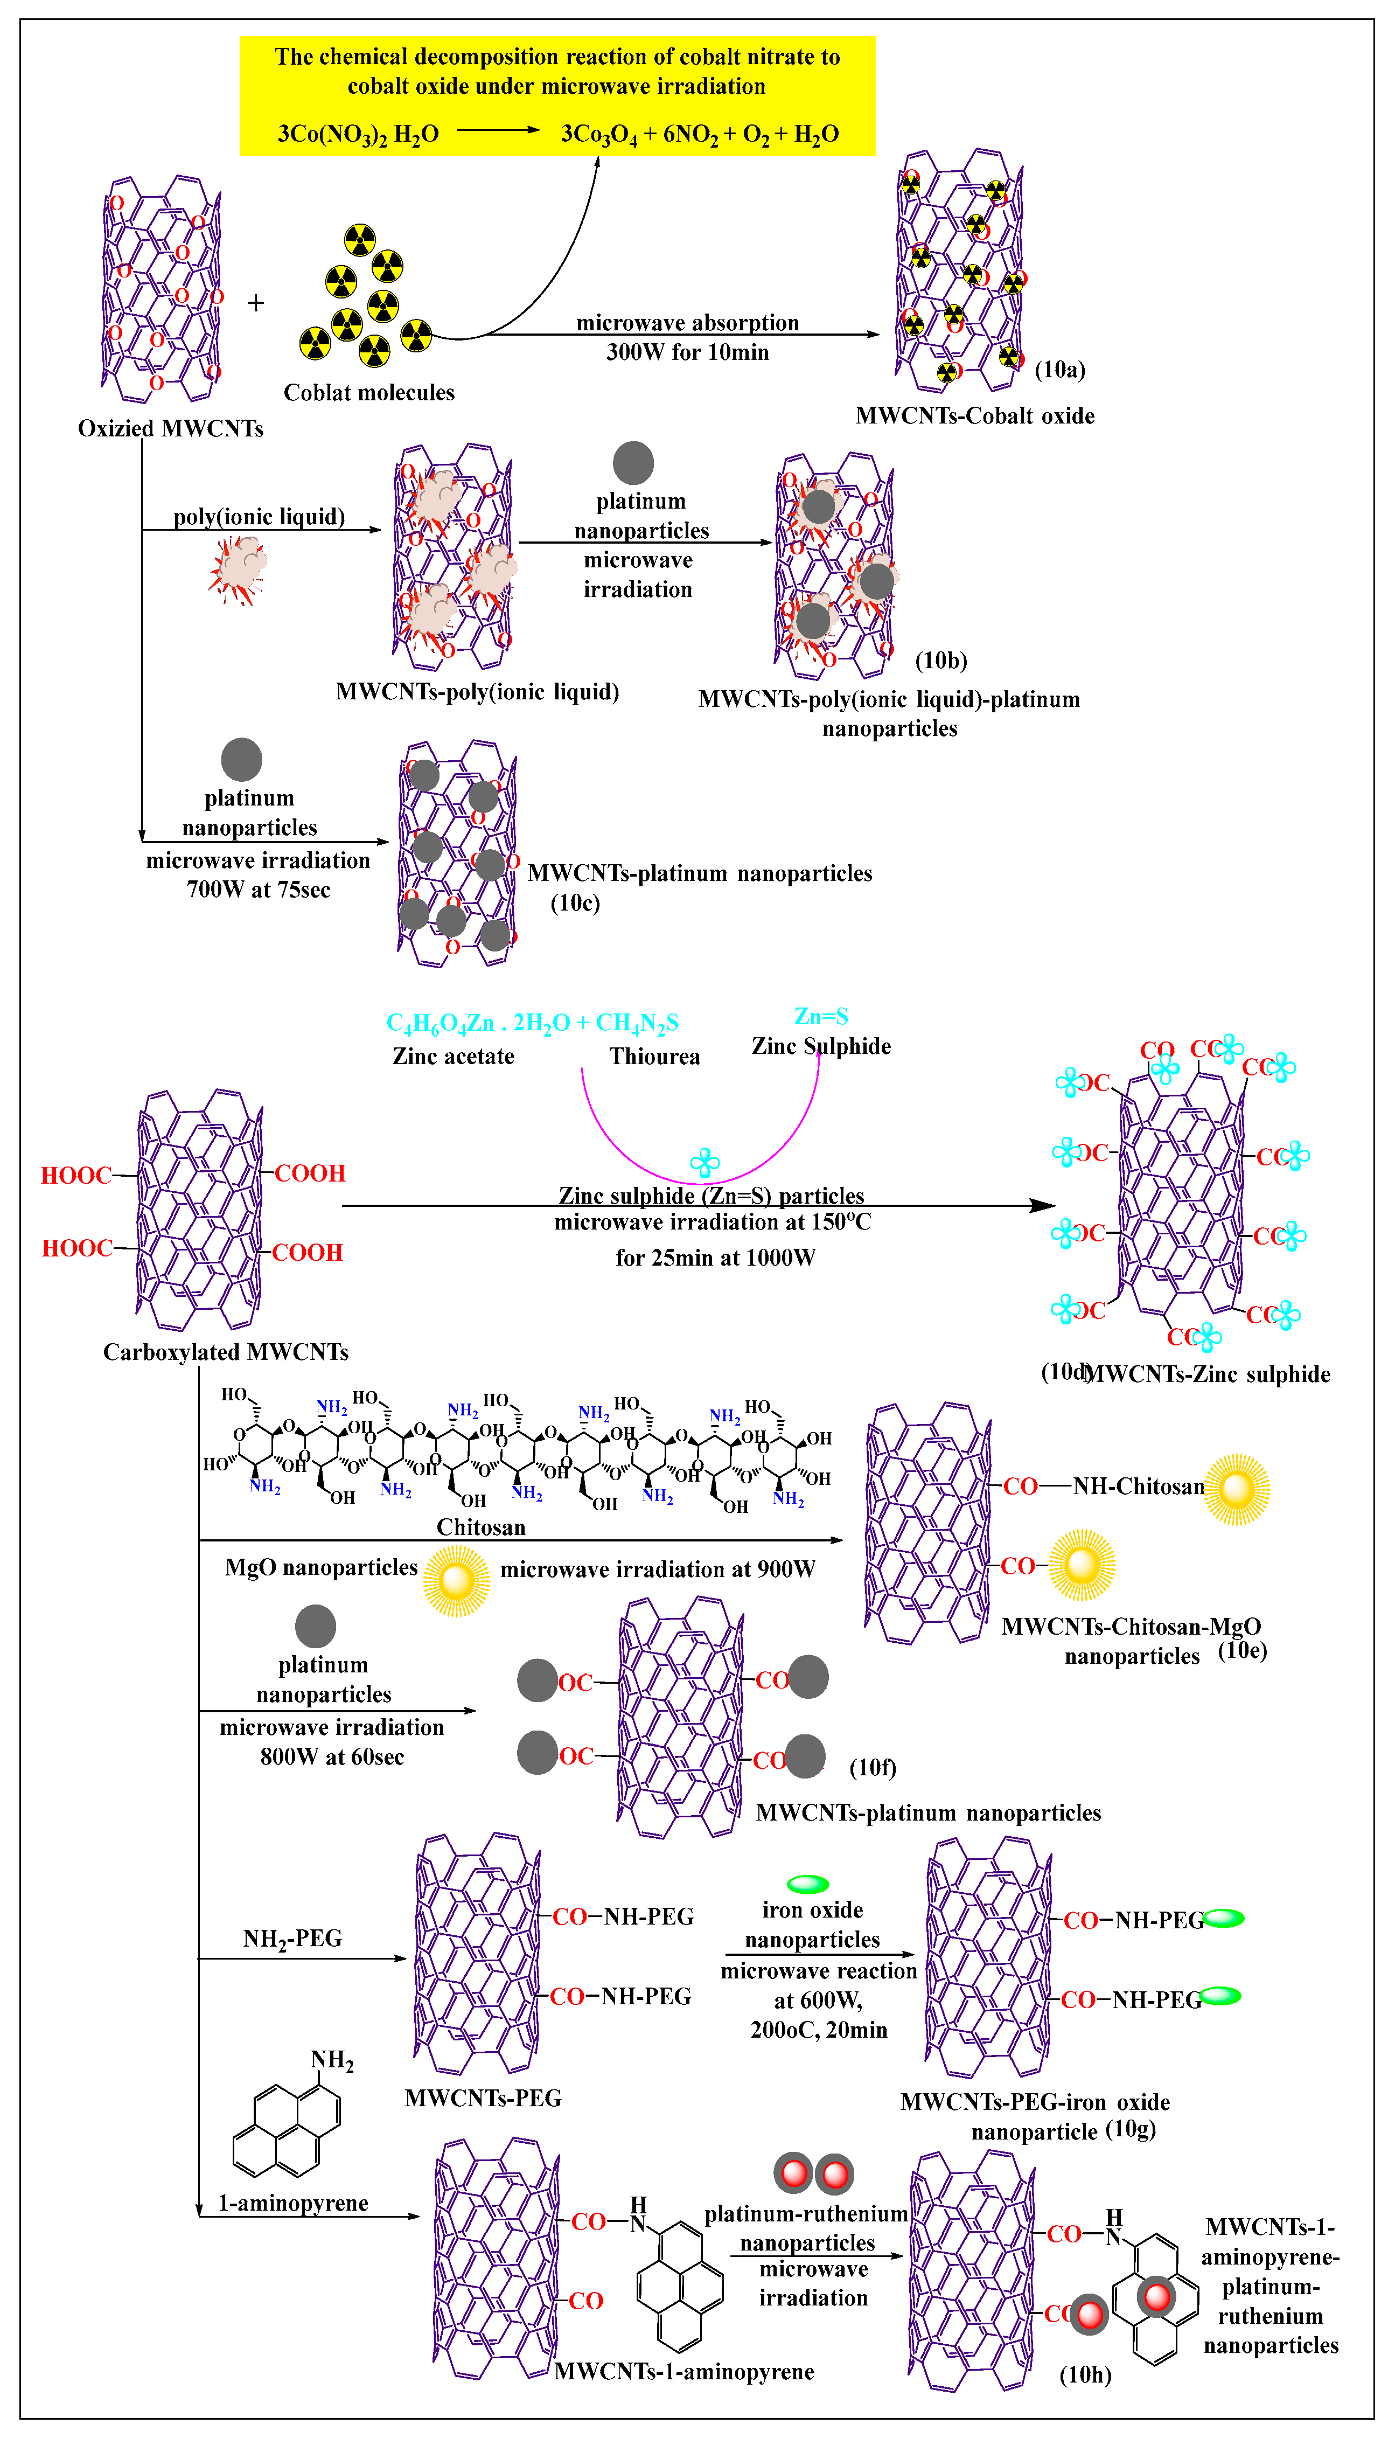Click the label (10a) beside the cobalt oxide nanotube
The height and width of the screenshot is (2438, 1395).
tap(1059, 370)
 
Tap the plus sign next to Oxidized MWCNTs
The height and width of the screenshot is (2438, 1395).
tap(256, 304)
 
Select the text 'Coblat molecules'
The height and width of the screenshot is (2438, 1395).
tap(369, 393)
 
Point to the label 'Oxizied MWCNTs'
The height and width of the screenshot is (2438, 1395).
tap(171, 428)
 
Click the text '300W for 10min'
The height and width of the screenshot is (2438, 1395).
tap(687, 353)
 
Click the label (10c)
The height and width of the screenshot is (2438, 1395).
tap(575, 903)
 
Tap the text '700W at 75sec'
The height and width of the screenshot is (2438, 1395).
tap(258, 890)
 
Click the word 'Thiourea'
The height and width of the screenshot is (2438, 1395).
tap(654, 1057)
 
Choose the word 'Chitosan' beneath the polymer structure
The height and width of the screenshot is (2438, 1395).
tap(481, 1527)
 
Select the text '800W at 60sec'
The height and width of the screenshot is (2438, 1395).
tap(331, 1758)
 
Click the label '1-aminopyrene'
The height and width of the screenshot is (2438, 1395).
tap(293, 2203)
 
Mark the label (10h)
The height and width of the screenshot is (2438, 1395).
tap(1085, 2375)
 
